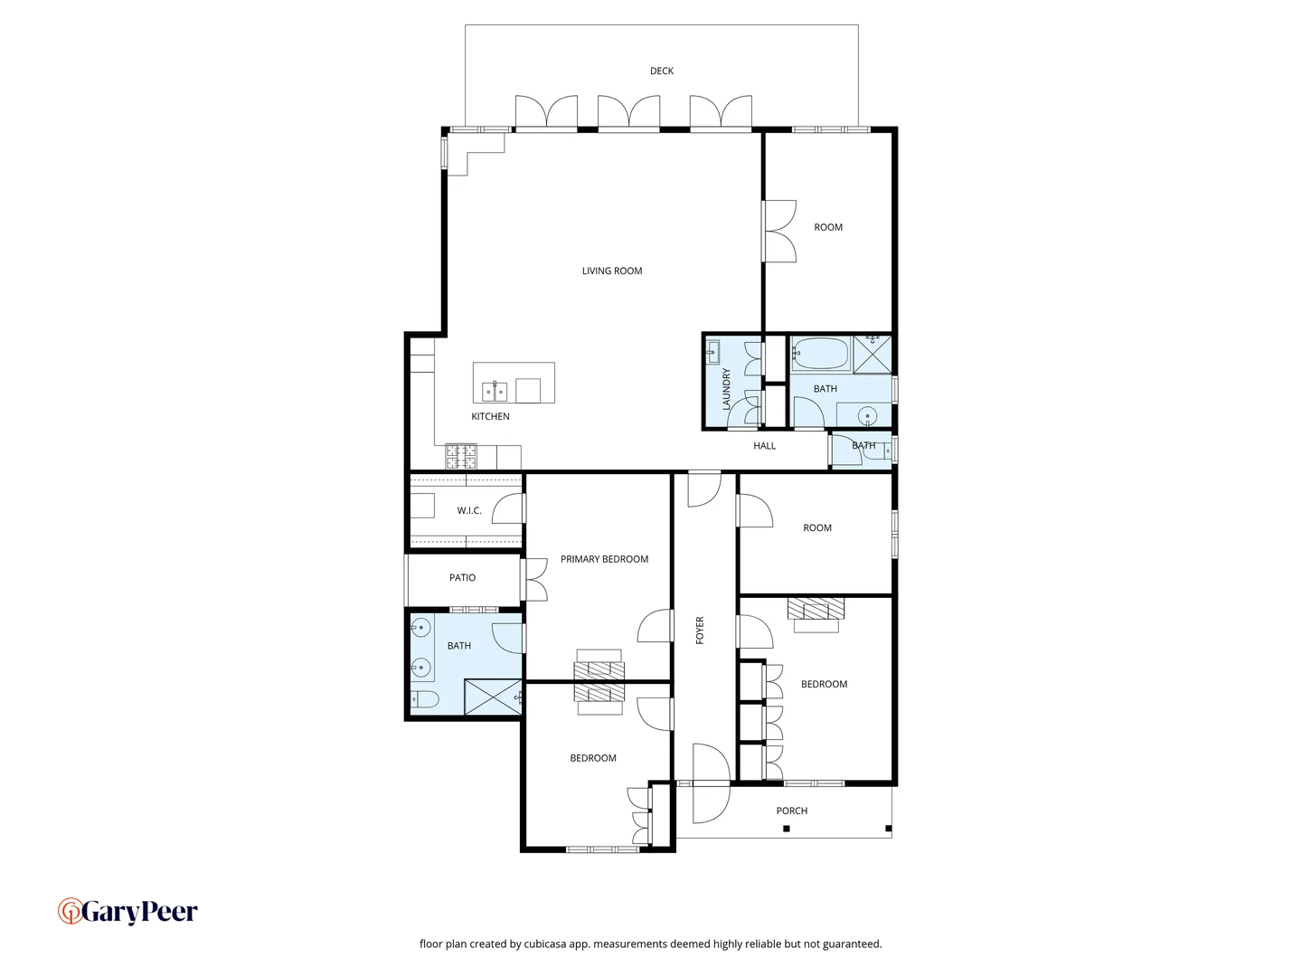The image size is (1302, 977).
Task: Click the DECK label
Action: pos(661,71)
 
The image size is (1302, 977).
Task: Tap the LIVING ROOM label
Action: pos(611,270)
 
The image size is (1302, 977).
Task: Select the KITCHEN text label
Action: pos(490,416)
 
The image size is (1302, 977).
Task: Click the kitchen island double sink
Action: pos(494,392)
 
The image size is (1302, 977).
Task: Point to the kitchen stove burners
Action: pos(461,457)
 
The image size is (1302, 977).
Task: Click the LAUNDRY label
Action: pos(726,389)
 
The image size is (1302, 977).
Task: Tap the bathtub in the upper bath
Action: pos(821,355)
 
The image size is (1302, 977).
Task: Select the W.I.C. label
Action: pos(468,510)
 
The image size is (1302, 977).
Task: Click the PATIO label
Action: pos(462,577)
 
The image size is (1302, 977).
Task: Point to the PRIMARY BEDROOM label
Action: pos(604,559)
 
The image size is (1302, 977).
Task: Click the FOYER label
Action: pos(699,630)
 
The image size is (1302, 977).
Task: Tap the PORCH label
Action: pos(791,811)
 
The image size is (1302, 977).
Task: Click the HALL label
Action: pos(764,445)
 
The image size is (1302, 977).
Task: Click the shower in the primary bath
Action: pos(493,697)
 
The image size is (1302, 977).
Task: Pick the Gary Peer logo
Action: pos(127,911)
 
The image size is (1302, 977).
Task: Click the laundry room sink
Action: pos(712,351)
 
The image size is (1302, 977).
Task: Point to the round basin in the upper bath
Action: pos(868,416)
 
